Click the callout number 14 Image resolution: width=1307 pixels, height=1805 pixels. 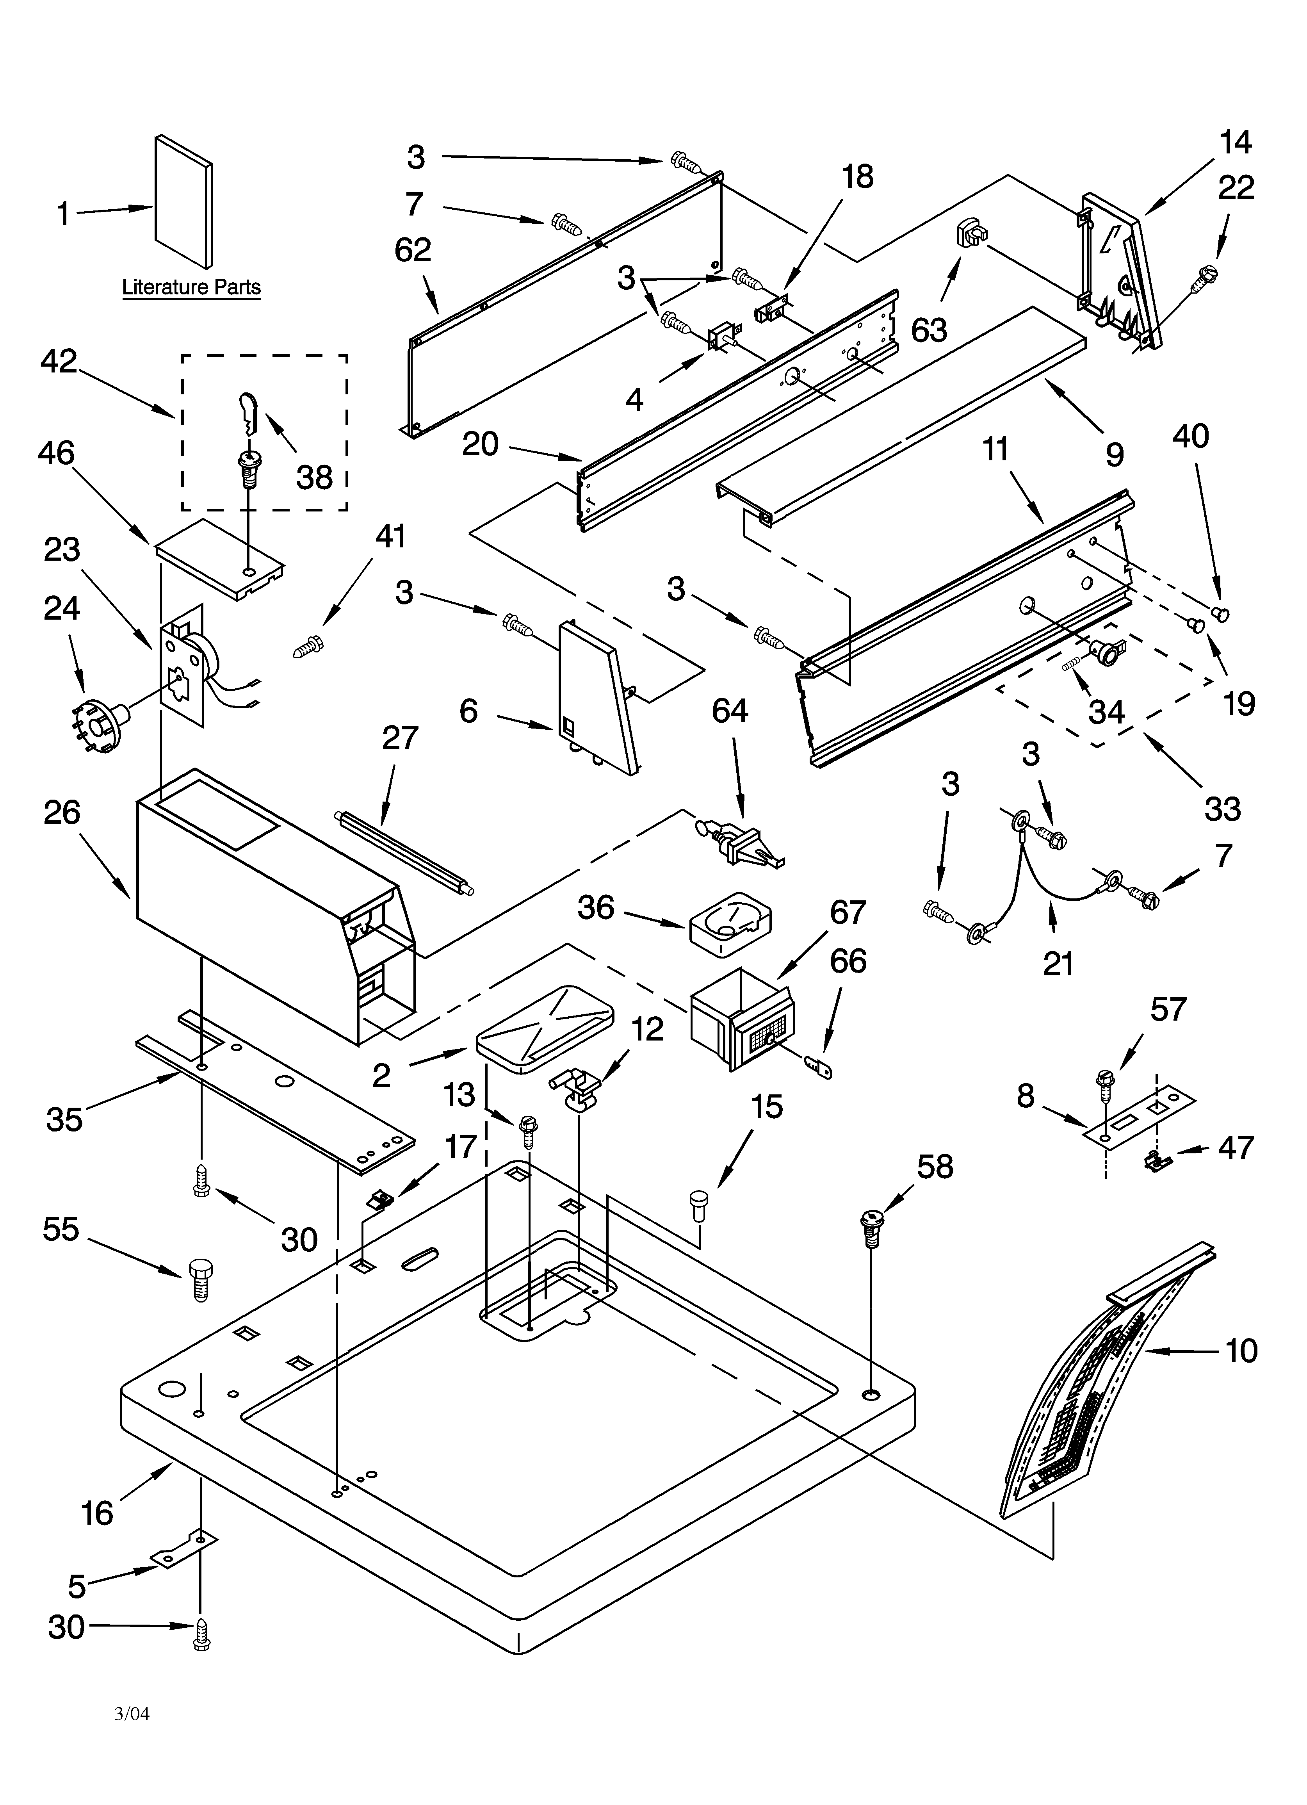point(1235,143)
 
